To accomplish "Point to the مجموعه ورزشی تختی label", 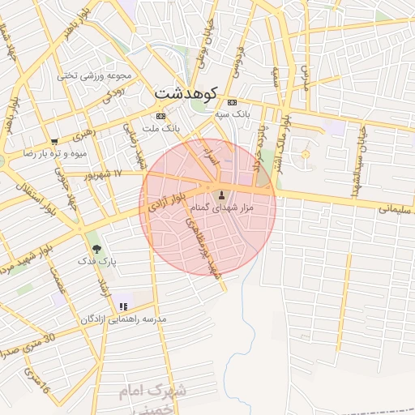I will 94,75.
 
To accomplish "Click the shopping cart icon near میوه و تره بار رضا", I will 54,141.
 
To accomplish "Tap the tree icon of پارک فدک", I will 97,249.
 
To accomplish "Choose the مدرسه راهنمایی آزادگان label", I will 123,319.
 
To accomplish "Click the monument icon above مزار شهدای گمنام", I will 221,195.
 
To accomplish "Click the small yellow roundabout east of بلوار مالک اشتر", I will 306,153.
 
